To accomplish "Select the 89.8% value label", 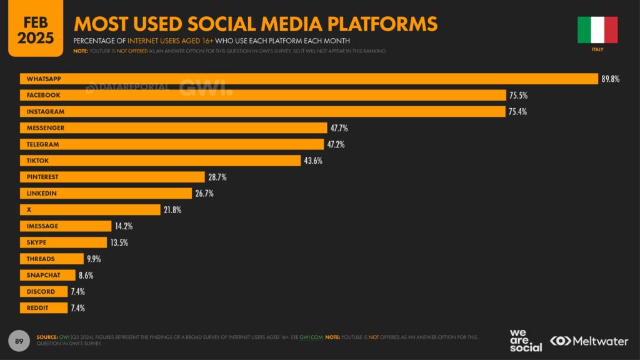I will [610, 79].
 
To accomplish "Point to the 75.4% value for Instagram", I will [519, 112].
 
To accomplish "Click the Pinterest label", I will [42, 177].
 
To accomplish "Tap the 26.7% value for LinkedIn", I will [204, 194].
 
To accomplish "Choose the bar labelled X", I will [90, 210].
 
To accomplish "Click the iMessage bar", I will [66, 226].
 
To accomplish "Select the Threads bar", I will [51, 259].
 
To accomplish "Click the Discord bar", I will [43, 291].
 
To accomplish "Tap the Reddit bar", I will [43, 307].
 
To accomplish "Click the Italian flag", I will [597, 29].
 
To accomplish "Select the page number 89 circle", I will [19, 341].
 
